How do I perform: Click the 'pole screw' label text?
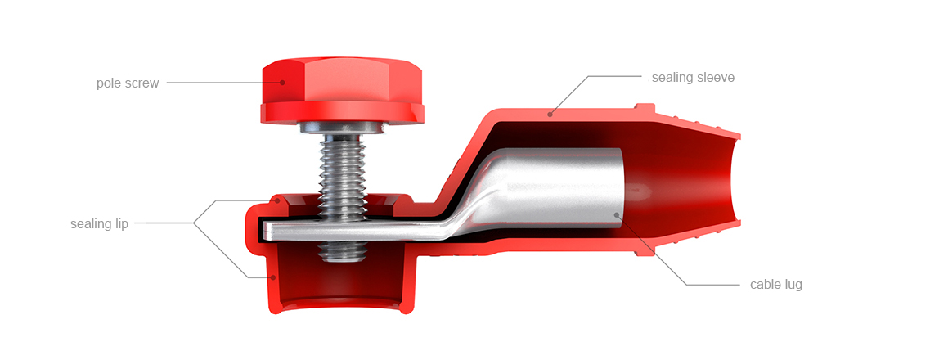click(x=128, y=83)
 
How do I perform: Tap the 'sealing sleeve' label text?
click(x=693, y=77)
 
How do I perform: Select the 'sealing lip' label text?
click(x=100, y=224)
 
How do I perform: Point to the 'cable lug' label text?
click(x=776, y=285)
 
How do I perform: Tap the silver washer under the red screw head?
click(x=343, y=128)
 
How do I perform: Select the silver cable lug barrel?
click(x=557, y=189)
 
